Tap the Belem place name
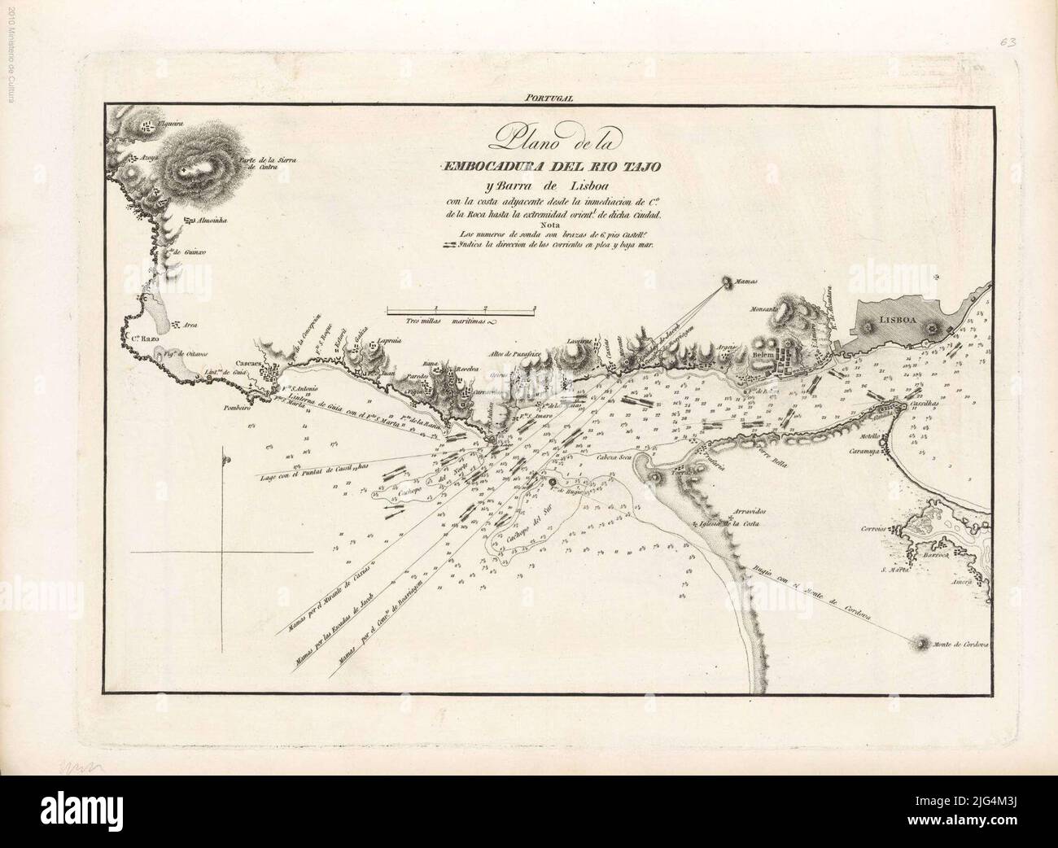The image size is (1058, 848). point(762,356)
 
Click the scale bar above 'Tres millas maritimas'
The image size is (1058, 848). point(461,309)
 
